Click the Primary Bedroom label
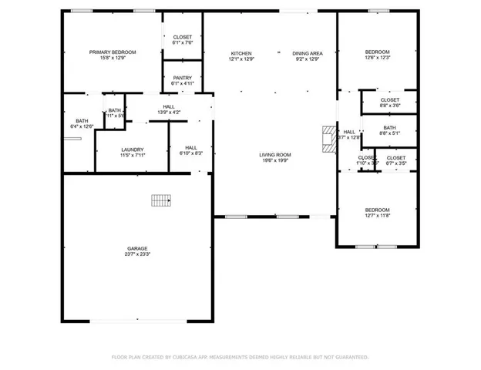coord(113,52)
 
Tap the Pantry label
coord(183,78)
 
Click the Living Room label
coord(274,155)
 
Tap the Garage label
coord(138,248)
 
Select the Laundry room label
coord(133,150)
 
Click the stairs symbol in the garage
coord(160,200)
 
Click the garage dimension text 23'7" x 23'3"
coord(138,254)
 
